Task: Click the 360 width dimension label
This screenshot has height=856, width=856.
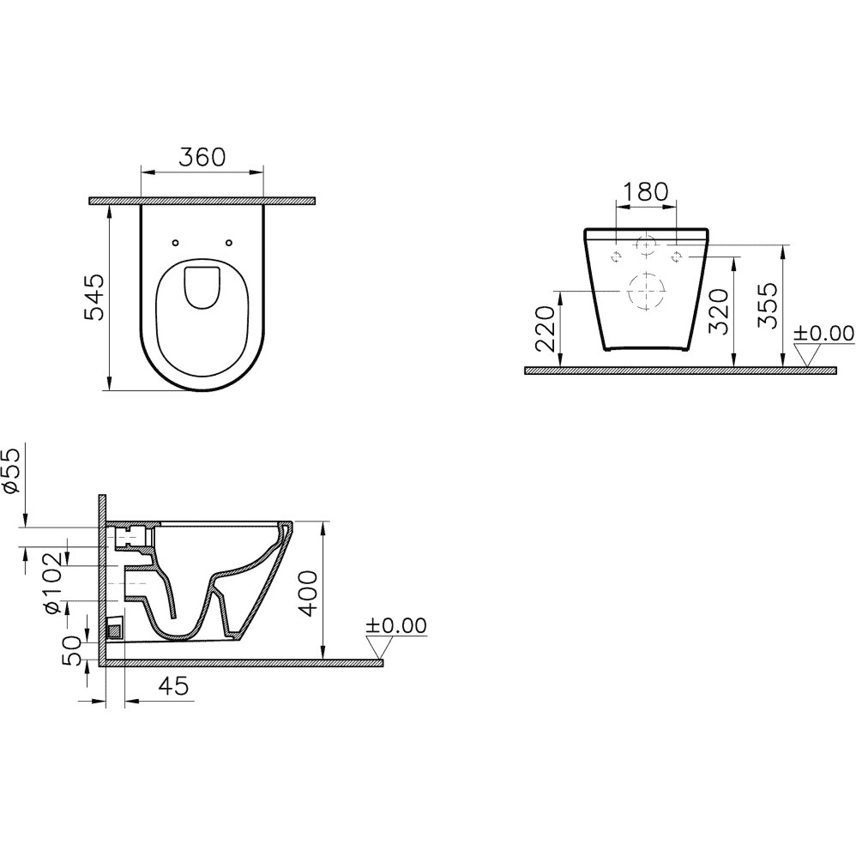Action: coord(202,157)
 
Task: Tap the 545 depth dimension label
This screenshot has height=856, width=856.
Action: coord(93,298)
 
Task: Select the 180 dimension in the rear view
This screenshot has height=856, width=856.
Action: coord(645,192)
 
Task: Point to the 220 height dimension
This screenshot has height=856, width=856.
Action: coord(546,329)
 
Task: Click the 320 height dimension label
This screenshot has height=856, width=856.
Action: coord(719,311)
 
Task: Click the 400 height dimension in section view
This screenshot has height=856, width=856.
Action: coord(309,594)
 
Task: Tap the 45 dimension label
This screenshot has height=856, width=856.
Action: coord(173,686)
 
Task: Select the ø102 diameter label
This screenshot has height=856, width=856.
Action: coord(56,583)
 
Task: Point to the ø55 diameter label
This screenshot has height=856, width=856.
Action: coord(11,471)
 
